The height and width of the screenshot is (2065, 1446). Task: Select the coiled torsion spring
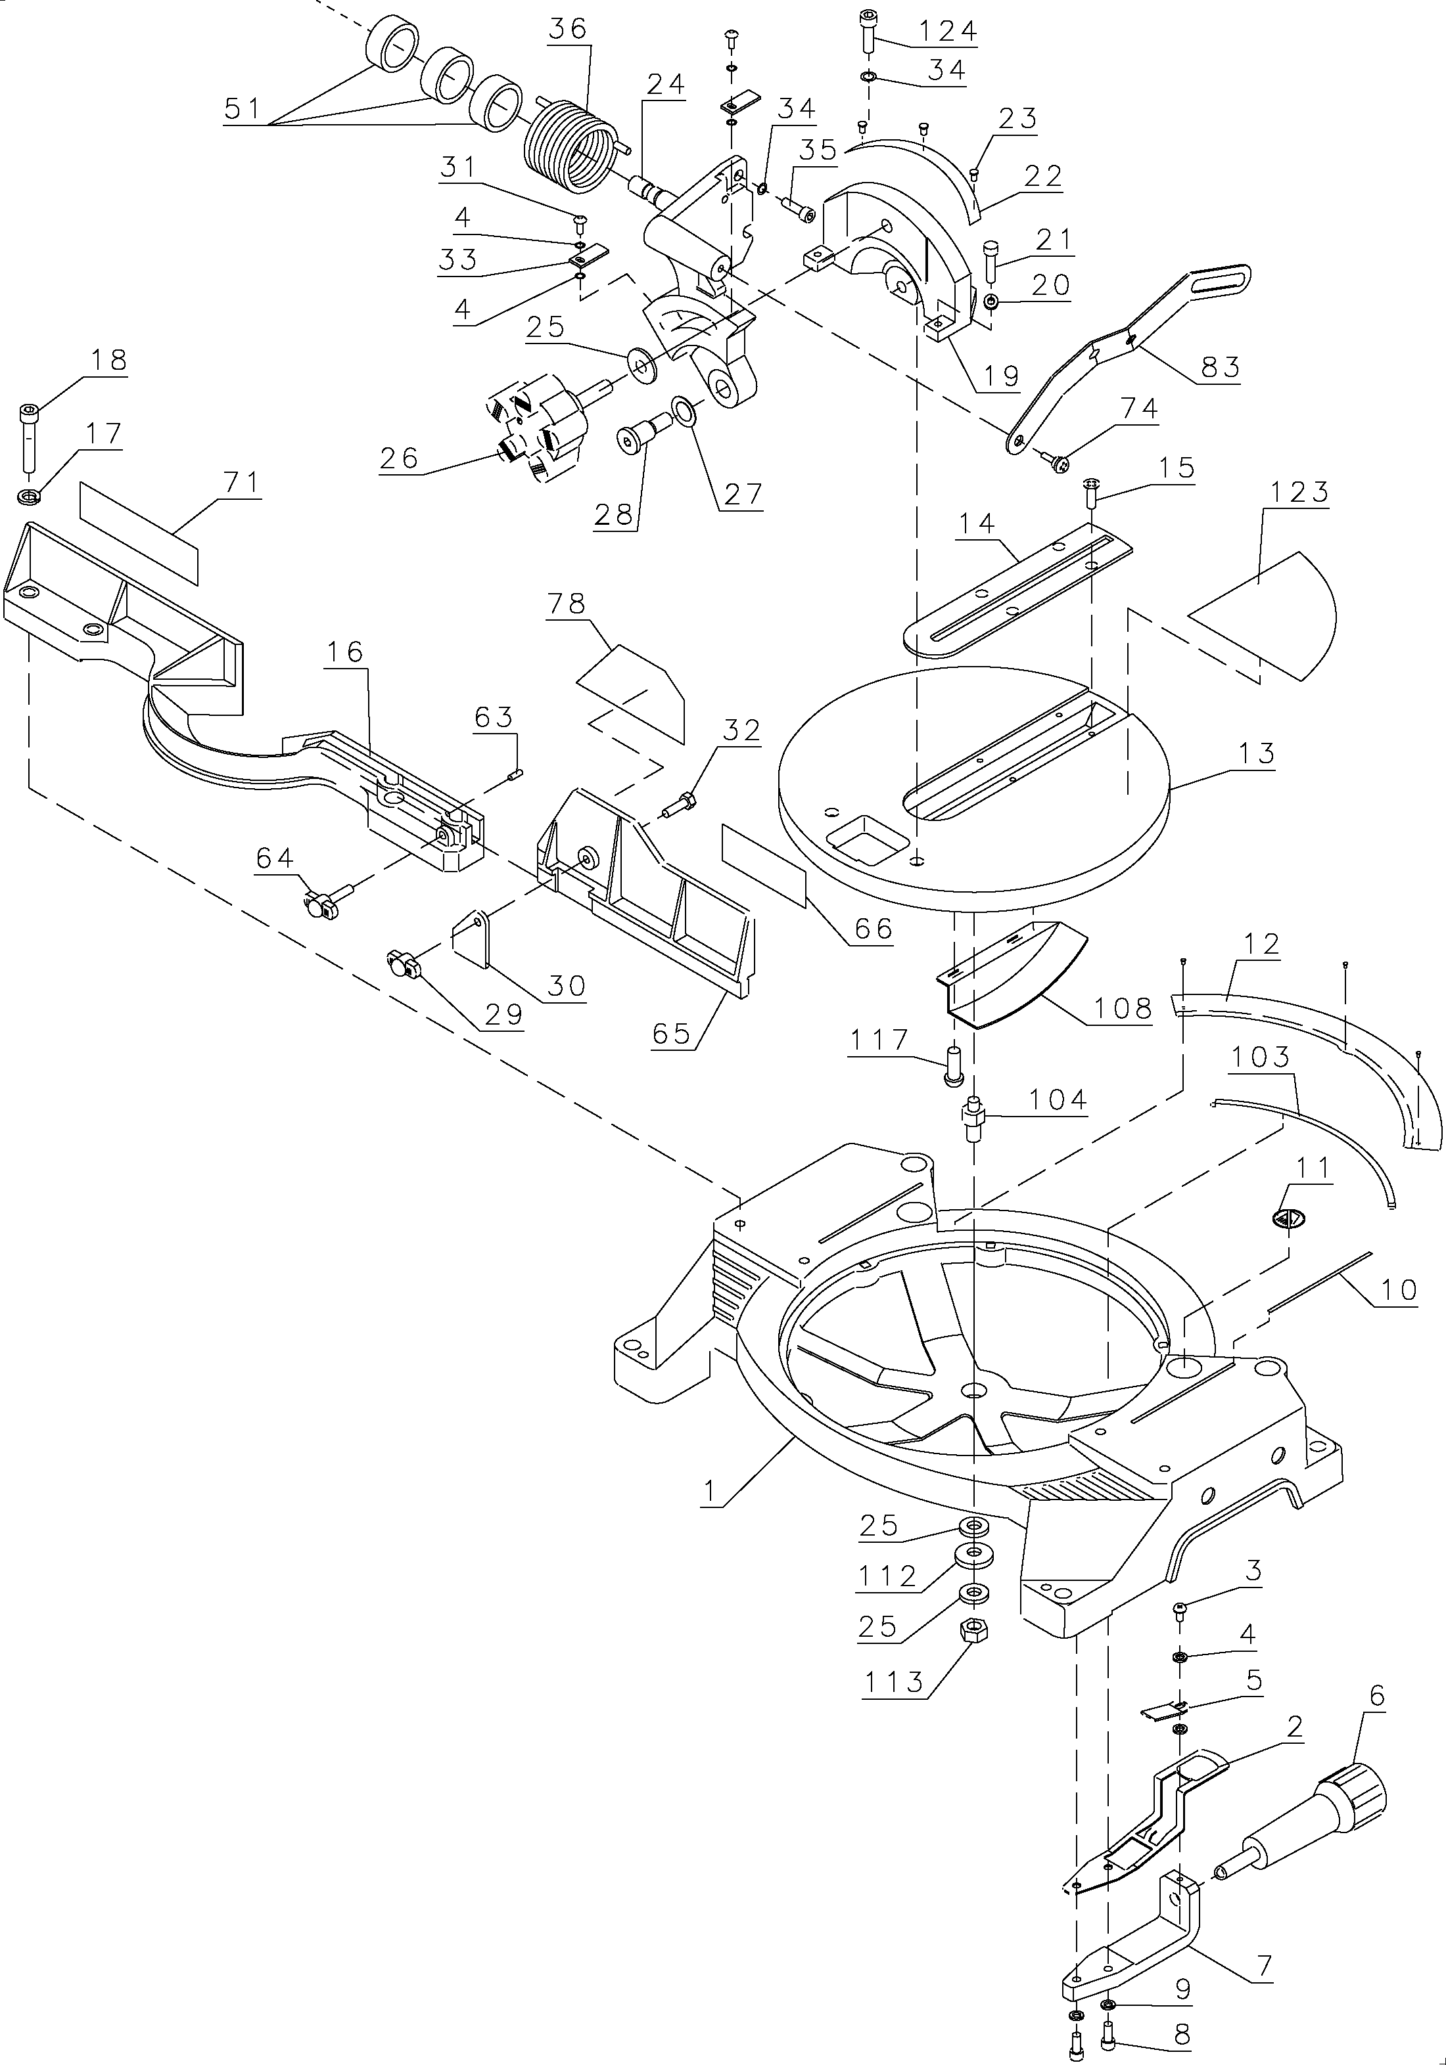[567, 148]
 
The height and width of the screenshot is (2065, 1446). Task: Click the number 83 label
[1219, 367]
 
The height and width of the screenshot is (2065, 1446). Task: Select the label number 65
[671, 1033]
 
